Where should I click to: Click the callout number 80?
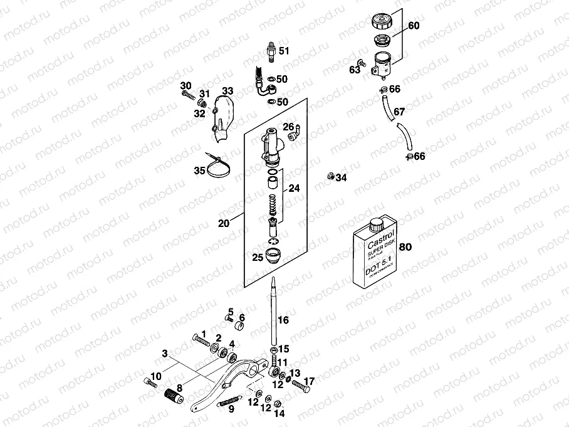(405, 247)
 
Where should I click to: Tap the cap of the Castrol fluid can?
(376, 224)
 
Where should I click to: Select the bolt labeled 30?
(187, 95)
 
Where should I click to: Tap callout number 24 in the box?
(293, 187)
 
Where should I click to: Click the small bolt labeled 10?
(149, 382)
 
